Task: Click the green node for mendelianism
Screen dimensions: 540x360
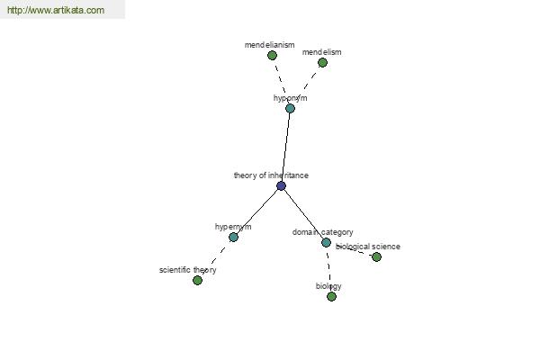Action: pos(272,55)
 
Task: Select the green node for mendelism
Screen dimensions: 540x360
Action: pos(322,62)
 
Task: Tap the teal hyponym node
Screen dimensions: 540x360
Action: pos(290,109)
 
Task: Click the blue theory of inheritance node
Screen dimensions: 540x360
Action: pos(281,186)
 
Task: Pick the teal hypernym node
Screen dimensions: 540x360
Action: pos(233,237)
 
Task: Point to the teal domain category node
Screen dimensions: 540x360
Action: pos(326,242)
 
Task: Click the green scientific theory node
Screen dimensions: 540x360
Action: pos(197,281)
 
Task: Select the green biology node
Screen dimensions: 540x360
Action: pos(331,296)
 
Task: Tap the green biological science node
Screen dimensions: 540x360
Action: pos(376,256)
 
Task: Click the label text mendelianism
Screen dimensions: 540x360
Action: pos(270,45)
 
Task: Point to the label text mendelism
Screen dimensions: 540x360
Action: pos(321,52)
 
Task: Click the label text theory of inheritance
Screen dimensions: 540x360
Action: pos(271,175)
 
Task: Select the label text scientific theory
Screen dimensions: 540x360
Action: pos(188,270)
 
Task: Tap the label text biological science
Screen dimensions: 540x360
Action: pos(368,247)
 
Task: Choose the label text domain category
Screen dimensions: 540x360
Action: pos(323,232)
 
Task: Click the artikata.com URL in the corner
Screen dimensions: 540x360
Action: pos(56,10)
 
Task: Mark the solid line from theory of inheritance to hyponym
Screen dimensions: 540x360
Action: pos(285,148)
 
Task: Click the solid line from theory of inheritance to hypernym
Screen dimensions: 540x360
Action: pos(257,211)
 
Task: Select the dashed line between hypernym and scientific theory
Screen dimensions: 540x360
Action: pos(216,258)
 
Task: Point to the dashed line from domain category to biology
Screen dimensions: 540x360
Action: pos(328,269)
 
